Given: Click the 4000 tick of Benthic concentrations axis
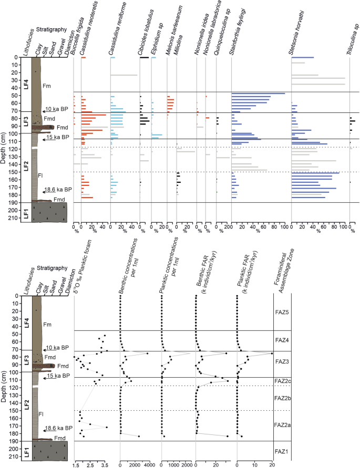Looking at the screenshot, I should click(149, 465).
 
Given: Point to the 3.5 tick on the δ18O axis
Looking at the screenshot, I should click(105, 465).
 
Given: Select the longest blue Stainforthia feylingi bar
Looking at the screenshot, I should click(258, 93).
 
